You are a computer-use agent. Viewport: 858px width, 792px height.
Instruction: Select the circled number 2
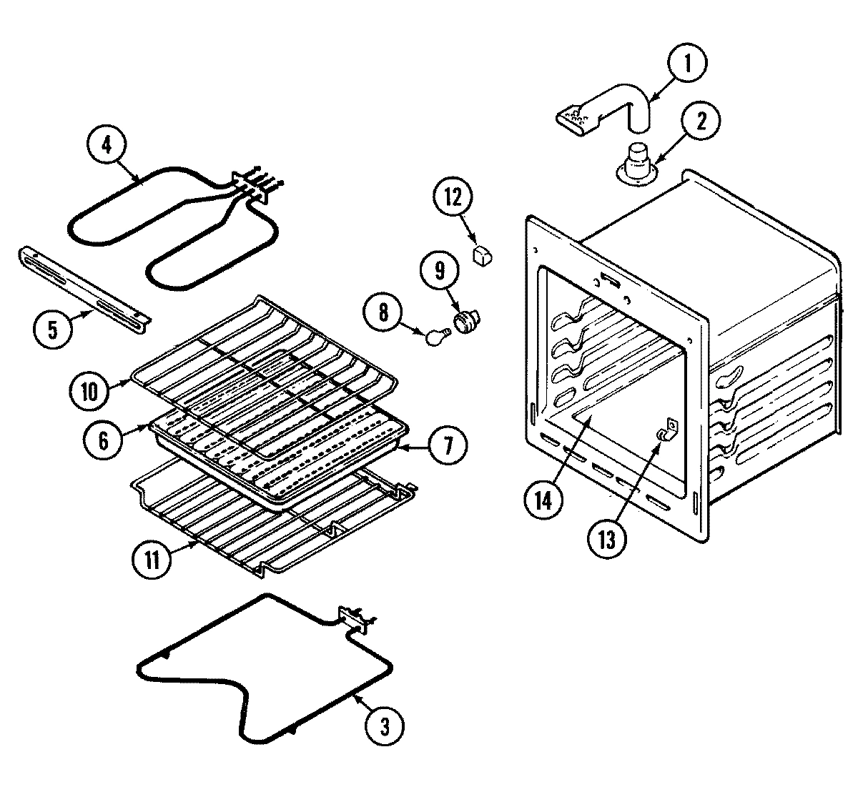point(699,120)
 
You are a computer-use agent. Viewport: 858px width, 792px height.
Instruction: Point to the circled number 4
point(107,145)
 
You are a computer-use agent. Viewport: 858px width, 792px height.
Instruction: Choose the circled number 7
point(448,445)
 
